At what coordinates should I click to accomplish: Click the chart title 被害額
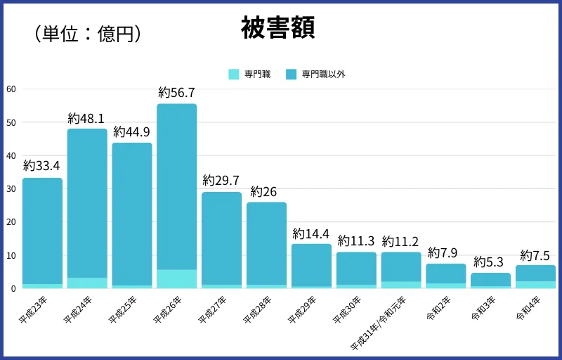coord(277,27)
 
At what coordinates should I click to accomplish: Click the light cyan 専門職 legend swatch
coord(235,74)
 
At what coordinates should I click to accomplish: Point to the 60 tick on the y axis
coord(11,89)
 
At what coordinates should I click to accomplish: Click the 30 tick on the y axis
coord(11,189)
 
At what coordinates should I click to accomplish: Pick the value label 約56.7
coord(176,93)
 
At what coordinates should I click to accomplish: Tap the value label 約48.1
coord(86,117)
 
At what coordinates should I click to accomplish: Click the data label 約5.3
coord(490,262)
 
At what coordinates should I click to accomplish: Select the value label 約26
coord(266,191)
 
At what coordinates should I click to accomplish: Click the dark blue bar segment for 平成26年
coord(176,186)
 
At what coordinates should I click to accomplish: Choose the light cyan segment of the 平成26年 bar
coord(176,279)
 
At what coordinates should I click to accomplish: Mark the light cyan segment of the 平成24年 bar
coord(87,283)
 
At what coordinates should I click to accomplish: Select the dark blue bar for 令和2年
coord(446,274)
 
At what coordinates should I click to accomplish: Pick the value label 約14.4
coord(311,233)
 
